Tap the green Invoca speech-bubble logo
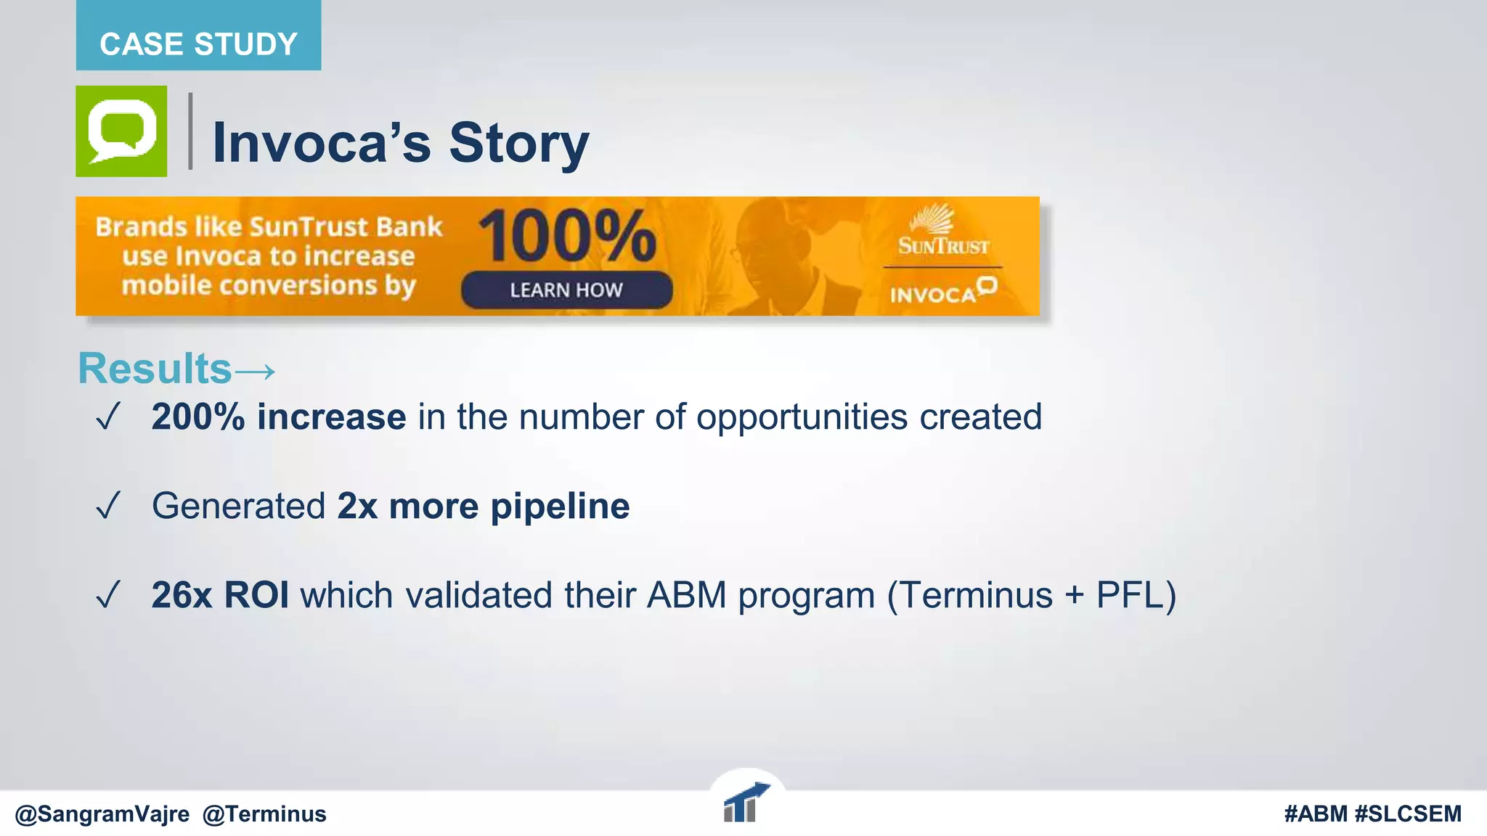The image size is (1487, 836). click(121, 131)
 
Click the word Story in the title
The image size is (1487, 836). click(518, 142)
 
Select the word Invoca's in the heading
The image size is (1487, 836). click(321, 142)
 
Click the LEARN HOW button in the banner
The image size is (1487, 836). click(566, 290)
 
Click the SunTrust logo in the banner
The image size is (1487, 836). click(942, 231)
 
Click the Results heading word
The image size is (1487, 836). click(155, 369)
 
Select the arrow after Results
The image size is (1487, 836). click(256, 372)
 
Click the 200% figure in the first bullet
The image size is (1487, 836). click(197, 417)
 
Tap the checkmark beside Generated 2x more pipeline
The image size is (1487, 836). click(107, 506)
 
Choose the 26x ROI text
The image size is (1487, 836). click(220, 595)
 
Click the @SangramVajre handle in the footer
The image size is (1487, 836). click(102, 814)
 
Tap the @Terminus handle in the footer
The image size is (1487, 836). click(264, 814)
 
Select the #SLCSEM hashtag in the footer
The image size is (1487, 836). click(1408, 814)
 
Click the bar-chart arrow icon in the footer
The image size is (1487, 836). click(745, 803)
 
